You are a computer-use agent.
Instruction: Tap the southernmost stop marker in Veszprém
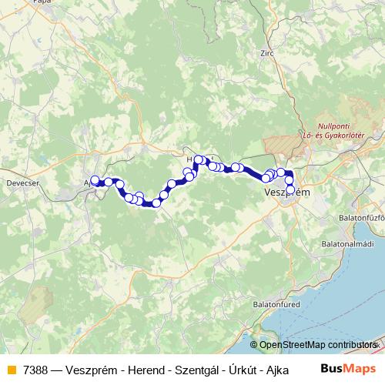[x=290, y=189]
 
